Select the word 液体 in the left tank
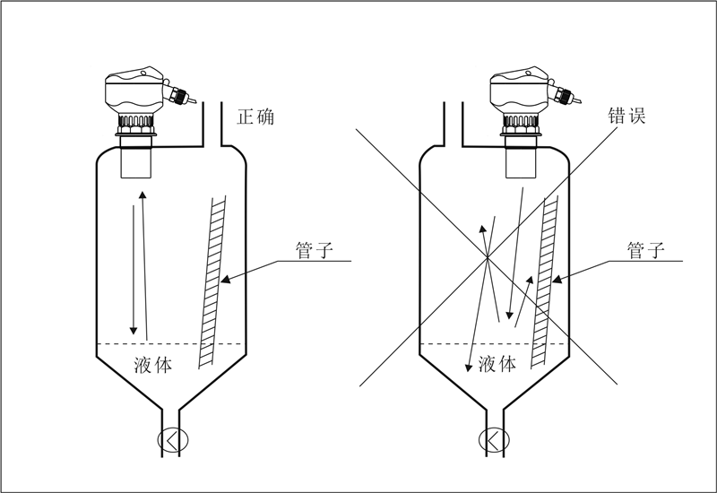153,364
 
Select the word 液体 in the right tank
497,364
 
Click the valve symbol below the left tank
170,439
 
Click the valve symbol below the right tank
494,439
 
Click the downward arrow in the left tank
134,269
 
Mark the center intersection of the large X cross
486,258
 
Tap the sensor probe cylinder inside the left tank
137,160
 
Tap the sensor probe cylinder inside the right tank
523,160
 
